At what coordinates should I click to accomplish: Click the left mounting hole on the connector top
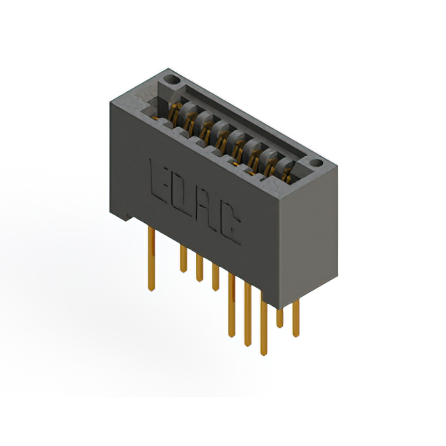pyautogui.click(x=172, y=80)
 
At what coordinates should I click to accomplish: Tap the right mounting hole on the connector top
pyautogui.click(x=316, y=163)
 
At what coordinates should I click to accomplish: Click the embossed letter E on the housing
pyautogui.click(x=159, y=181)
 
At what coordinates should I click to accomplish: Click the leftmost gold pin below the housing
pyautogui.click(x=151, y=259)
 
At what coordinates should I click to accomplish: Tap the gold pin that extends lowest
pyautogui.click(x=263, y=328)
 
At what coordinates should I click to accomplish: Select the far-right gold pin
pyautogui.click(x=295, y=318)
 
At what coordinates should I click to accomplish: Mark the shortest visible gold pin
pyautogui.click(x=279, y=318)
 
